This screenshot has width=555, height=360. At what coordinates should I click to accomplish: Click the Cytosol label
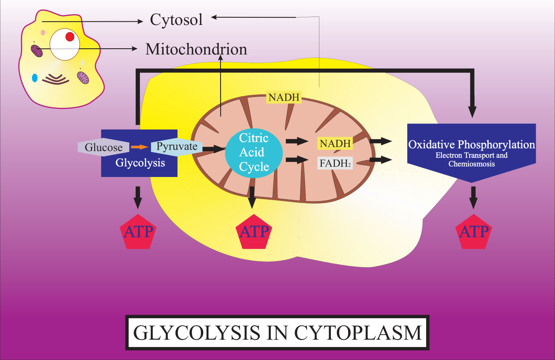click(x=176, y=20)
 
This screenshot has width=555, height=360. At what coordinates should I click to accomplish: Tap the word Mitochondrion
click(x=196, y=49)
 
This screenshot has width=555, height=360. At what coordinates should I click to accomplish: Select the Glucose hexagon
click(x=103, y=148)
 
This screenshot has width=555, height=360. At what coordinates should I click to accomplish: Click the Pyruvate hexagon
click(x=177, y=146)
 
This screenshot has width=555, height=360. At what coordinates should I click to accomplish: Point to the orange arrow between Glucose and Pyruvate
click(x=139, y=147)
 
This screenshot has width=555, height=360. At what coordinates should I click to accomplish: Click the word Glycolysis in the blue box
click(x=140, y=163)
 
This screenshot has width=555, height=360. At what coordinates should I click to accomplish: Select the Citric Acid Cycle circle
click(x=254, y=152)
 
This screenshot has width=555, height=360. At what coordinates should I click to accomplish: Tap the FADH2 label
click(x=335, y=163)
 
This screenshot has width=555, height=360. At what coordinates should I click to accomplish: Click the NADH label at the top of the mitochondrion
click(x=284, y=97)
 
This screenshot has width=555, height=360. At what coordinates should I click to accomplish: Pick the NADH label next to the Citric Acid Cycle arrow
click(x=335, y=144)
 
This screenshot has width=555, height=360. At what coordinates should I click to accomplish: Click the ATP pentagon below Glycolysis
click(x=138, y=232)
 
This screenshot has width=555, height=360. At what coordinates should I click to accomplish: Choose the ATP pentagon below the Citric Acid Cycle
click(x=254, y=232)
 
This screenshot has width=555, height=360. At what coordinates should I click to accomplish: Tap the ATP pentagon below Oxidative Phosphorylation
click(x=474, y=232)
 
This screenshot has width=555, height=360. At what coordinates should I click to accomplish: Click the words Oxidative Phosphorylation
click(x=471, y=144)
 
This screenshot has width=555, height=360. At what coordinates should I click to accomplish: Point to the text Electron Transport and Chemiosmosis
click(x=471, y=160)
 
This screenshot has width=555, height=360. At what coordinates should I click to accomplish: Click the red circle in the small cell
click(x=70, y=37)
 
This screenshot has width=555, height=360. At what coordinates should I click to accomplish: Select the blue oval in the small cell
click(x=35, y=78)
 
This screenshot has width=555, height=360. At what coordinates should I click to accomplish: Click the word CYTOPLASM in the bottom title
click(x=358, y=333)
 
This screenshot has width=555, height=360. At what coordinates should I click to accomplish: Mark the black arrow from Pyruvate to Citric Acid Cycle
click(x=213, y=149)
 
